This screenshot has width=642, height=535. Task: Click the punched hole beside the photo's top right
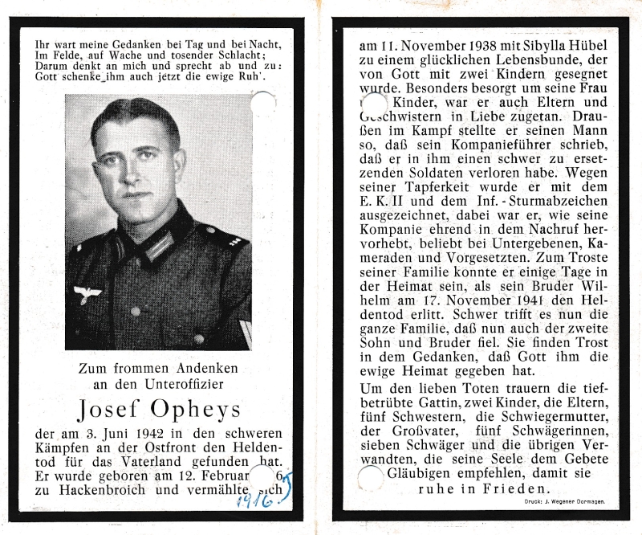click(263, 103)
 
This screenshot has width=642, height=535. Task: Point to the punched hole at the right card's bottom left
click(370, 479)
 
